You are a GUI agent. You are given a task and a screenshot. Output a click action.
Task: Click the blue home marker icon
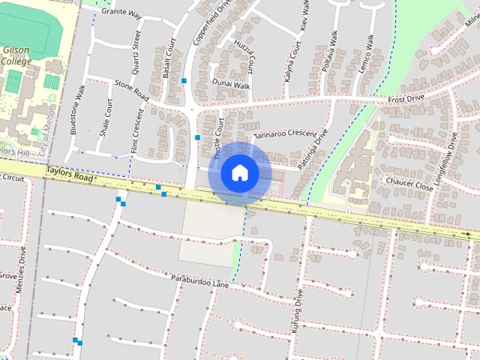click(239, 173)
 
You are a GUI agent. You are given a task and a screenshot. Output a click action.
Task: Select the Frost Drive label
click(406, 98)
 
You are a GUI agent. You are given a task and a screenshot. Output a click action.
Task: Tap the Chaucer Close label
click(407, 181)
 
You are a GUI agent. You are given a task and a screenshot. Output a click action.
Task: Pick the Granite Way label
click(121, 13)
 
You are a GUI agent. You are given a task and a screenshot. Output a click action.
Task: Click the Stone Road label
click(131, 92)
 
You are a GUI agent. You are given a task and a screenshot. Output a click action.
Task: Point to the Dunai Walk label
click(230, 85)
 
